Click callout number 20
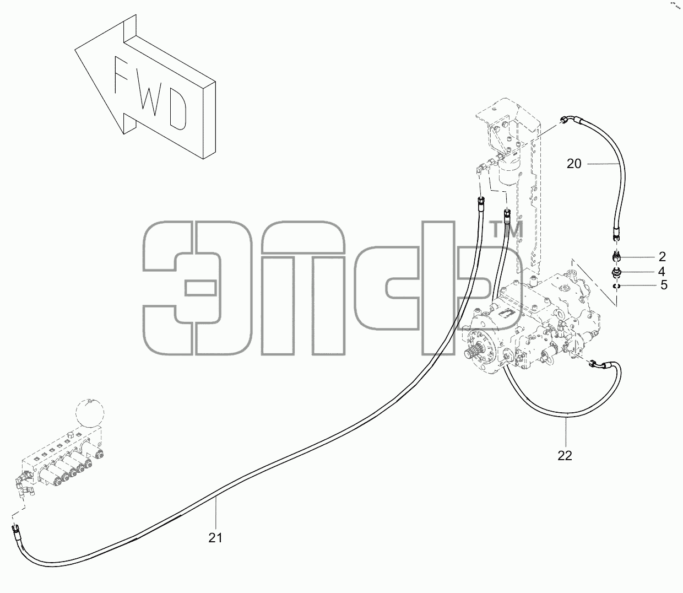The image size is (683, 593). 574,164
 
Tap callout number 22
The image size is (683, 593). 565,455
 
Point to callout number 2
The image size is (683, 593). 662,256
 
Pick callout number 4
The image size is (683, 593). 662,271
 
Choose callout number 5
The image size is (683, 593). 664,285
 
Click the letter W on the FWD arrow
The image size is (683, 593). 150,95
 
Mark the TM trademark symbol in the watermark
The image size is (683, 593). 508,229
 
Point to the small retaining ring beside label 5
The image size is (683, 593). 616,286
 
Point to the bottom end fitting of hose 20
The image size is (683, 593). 616,233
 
